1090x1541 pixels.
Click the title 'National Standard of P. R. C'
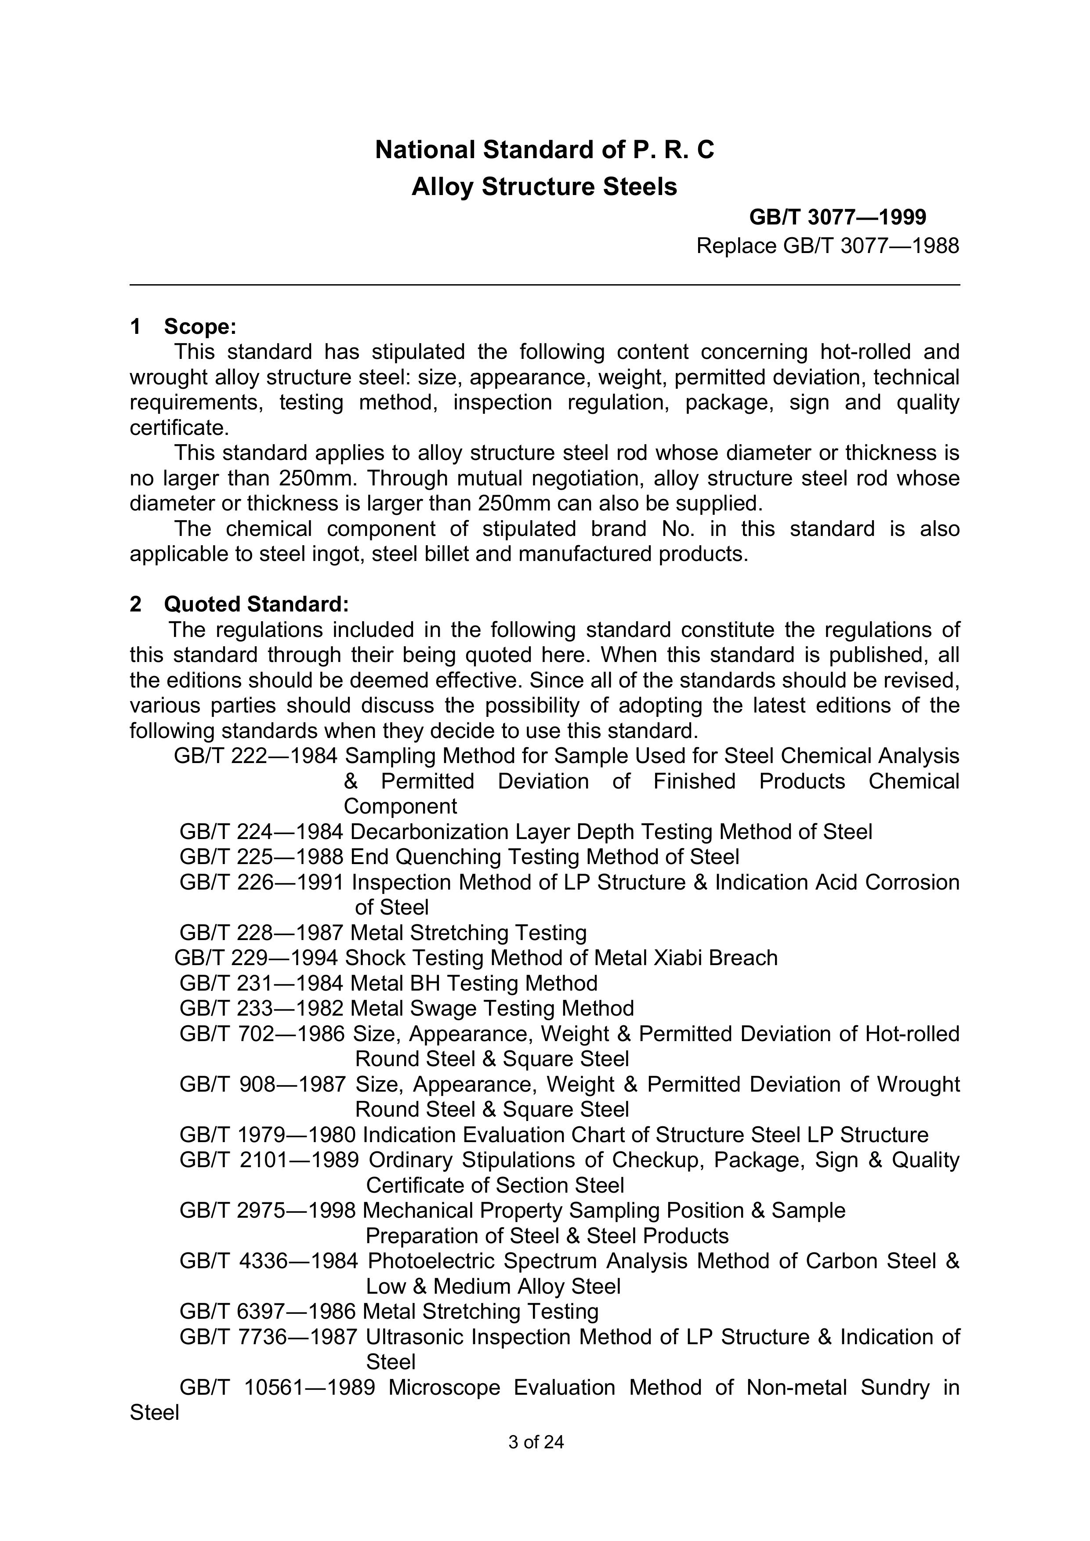coord(544,150)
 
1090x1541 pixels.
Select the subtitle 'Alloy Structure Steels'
coord(544,187)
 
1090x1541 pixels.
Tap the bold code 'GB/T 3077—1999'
coord(838,217)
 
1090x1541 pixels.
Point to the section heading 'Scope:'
coord(200,327)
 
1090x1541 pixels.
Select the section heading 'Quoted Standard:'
coord(257,605)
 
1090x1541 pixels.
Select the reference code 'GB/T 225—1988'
coord(261,857)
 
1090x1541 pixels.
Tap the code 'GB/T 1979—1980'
coord(267,1135)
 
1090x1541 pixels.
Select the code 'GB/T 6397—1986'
coord(267,1311)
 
